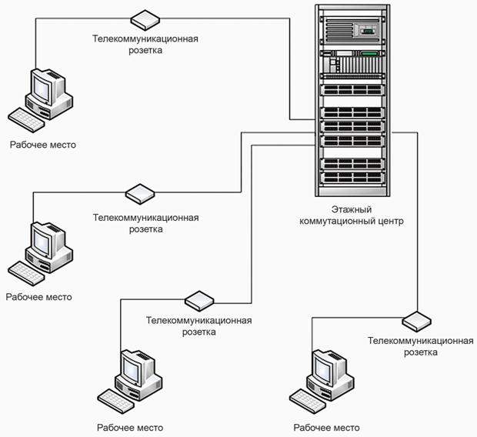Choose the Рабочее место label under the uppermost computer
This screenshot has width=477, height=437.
(x=43, y=145)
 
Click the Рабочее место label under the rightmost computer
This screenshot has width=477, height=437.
(x=327, y=428)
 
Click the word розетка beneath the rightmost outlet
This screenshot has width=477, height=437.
(x=421, y=352)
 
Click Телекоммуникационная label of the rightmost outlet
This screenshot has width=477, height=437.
(x=421, y=340)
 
